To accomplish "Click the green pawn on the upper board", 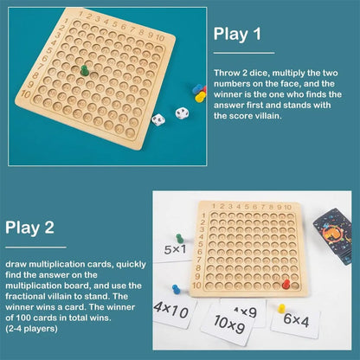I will point(85,70).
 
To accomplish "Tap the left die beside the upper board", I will point(158,121).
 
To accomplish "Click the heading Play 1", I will point(237,35).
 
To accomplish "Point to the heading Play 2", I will point(29,228).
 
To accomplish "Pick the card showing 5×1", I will point(177,252).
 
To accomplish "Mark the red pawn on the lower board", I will point(286,283).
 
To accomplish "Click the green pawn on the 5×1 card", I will point(179,237).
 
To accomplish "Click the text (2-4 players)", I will point(30,329).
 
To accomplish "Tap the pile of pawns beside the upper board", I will point(198,93).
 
